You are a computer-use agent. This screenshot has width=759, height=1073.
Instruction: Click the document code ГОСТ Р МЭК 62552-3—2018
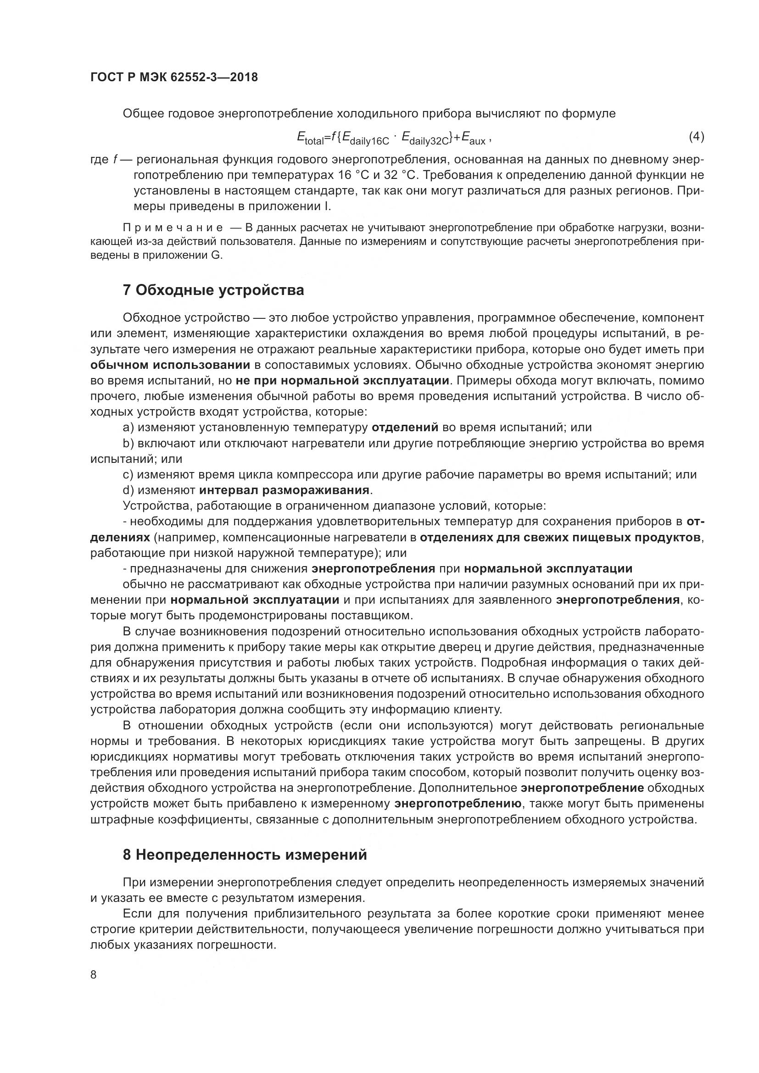(x=174, y=78)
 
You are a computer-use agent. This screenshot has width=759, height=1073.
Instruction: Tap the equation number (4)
(x=696, y=136)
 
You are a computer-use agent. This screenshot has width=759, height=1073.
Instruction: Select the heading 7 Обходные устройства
(x=213, y=290)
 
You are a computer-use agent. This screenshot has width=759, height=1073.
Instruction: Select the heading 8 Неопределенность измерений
(x=245, y=855)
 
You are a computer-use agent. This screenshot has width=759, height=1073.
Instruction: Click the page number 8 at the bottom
(x=94, y=975)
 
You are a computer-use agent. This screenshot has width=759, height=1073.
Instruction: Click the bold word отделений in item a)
(x=405, y=427)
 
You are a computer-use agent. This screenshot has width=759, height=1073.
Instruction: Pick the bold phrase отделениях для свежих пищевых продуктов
(x=560, y=538)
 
